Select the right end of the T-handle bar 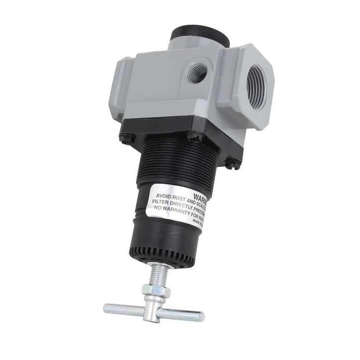click(x=199, y=316)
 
